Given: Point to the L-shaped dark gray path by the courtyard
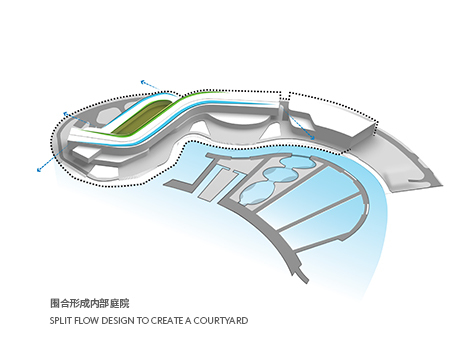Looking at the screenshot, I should [x=184, y=180].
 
